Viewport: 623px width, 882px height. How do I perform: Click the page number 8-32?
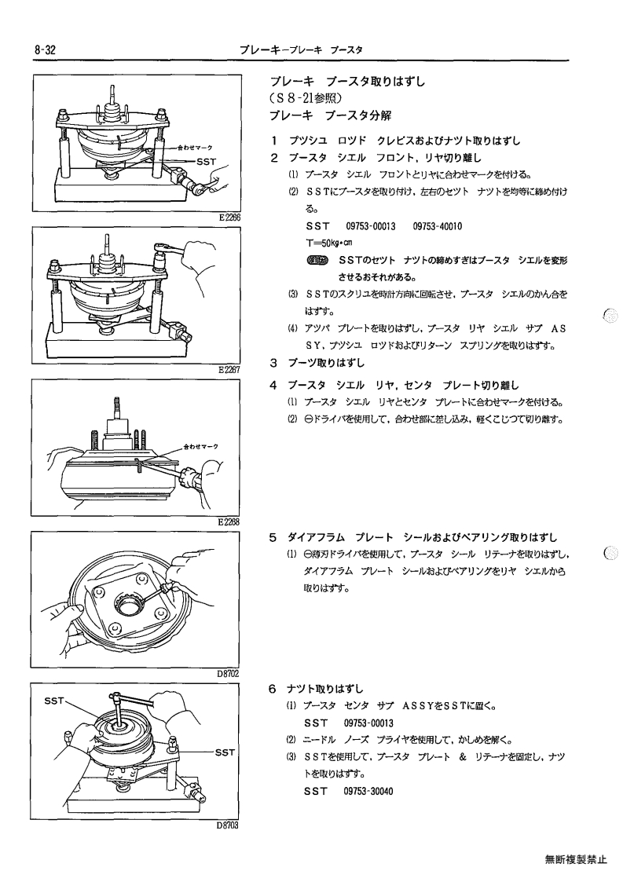pyautogui.click(x=45, y=50)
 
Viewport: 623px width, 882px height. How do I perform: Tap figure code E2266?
pyautogui.click(x=229, y=217)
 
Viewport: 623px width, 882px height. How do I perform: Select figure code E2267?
pyautogui.click(x=229, y=370)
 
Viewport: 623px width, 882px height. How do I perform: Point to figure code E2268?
pyautogui.click(x=229, y=522)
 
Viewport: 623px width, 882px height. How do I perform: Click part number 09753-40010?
pyautogui.click(x=438, y=226)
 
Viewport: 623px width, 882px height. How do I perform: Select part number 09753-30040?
pyautogui.click(x=368, y=791)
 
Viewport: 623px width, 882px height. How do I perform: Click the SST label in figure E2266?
pyautogui.click(x=206, y=162)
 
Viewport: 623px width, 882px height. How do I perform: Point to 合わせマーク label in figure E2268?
pyautogui.click(x=200, y=446)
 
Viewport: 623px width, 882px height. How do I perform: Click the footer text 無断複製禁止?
pyautogui.click(x=576, y=859)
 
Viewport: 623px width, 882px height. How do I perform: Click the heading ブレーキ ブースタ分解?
pyautogui.click(x=330, y=116)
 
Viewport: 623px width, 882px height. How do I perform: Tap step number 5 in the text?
pyautogui.click(x=273, y=537)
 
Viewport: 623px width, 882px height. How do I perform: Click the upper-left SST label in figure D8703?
pyautogui.click(x=54, y=701)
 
